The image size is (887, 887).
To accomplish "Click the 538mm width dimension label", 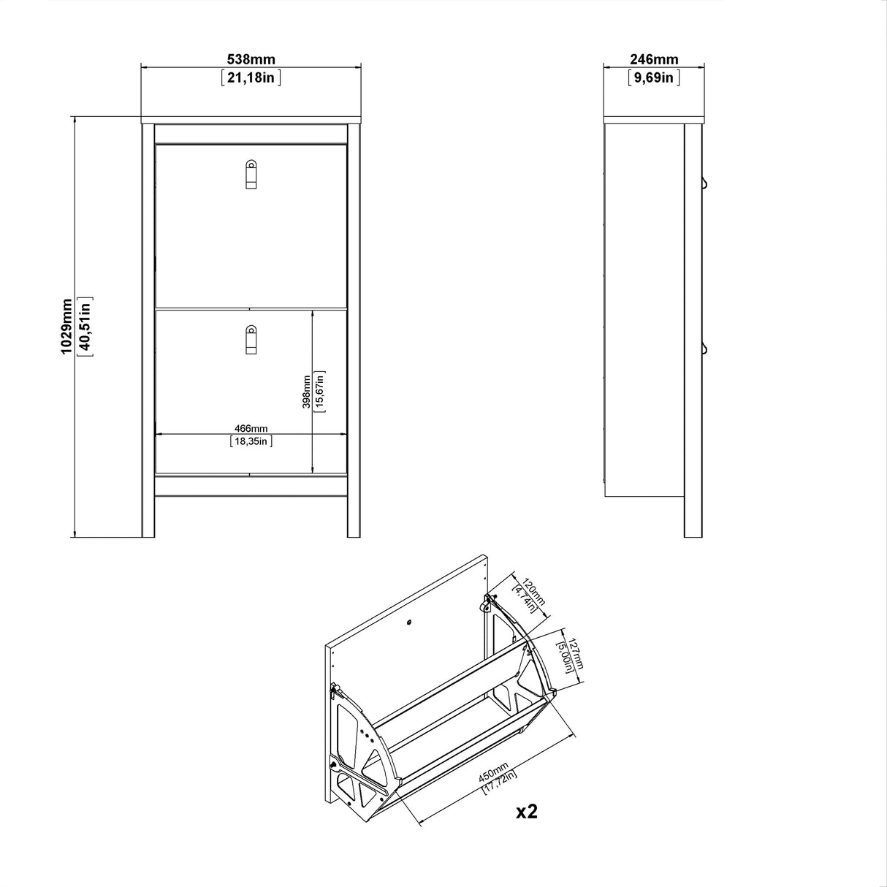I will [x=251, y=60].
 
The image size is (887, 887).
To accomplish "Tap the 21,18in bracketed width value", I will [x=251, y=77].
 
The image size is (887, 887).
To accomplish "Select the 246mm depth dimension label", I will [x=653, y=60].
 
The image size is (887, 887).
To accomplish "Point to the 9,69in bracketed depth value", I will [x=653, y=77].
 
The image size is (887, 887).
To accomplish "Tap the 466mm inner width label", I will [x=251, y=428].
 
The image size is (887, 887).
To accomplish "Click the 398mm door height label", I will [x=307, y=392].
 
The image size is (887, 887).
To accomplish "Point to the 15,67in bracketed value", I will [x=320, y=392].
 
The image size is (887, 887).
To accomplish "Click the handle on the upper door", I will [x=251, y=174].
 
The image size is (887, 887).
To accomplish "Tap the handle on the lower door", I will [x=251, y=340].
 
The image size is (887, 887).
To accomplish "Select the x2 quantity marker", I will [x=526, y=811].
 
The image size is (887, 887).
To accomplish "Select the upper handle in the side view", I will [x=706, y=182].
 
